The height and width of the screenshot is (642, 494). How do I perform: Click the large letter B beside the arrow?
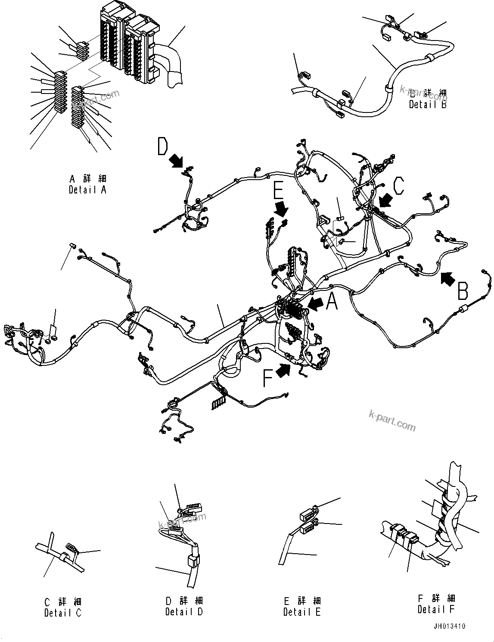coord(463,291)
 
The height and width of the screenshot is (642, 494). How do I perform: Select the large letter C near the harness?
coord(399,186)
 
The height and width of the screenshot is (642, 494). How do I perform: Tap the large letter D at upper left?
coord(162,146)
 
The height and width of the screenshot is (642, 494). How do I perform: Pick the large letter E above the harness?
coord(278,193)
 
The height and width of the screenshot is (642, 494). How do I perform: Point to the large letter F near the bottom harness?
coord(268,379)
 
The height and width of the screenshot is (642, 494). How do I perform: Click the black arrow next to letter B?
coord(447,279)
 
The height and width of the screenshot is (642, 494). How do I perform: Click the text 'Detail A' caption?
coord(87,190)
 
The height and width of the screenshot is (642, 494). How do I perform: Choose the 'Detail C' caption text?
coord(62,612)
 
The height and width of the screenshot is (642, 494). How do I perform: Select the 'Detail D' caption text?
coord(184,611)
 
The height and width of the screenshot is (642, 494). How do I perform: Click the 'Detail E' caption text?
coord(302,612)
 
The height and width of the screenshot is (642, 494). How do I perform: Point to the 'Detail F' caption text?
coord(436,609)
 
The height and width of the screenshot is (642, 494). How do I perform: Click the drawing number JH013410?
coord(449,626)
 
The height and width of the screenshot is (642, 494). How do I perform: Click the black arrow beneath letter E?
coord(282,209)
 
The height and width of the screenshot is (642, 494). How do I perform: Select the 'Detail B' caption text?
coord(428,104)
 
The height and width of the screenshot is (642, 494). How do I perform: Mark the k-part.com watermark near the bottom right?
coord(392,420)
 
